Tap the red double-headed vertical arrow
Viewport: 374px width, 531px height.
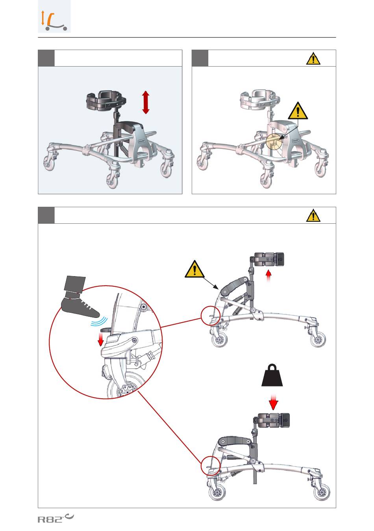(x=146, y=102)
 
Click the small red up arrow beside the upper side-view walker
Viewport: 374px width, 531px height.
(x=268, y=276)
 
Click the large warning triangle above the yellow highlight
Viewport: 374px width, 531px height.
(x=298, y=111)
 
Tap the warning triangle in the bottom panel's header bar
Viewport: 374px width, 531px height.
(x=313, y=215)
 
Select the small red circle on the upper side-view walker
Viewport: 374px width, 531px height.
(x=211, y=316)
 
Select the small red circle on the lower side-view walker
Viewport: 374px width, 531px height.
(x=211, y=466)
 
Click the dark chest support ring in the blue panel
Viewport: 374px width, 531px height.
(x=106, y=101)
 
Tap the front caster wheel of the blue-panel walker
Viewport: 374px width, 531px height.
(x=113, y=181)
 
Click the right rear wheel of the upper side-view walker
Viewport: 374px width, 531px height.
(x=318, y=340)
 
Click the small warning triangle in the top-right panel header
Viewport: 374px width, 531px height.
(x=313, y=59)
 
